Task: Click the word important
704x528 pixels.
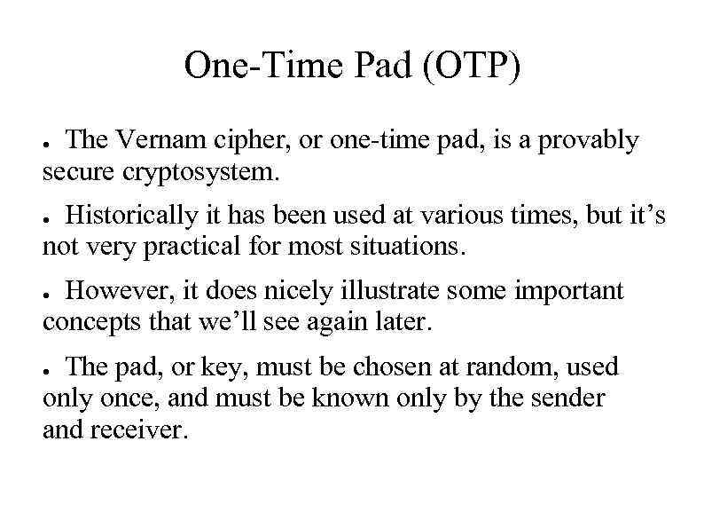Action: point(569,290)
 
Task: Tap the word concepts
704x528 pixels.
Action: point(94,322)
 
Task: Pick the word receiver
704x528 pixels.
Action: point(145,429)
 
